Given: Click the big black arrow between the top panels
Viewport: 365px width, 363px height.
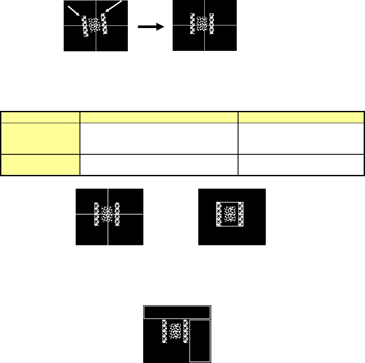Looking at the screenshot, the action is (x=151, y=26).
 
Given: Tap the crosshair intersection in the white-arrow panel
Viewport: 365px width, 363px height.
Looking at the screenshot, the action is (x=96, y=25).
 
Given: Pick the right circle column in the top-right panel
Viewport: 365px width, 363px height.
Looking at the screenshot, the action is (x=212, y=24).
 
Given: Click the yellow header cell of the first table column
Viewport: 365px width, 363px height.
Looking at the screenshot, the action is (x=40, y=116).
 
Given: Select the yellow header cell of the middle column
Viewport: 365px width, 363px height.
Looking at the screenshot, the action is (x=159, y=116).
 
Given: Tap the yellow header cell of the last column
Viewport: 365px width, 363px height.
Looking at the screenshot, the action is (x=301, y=116).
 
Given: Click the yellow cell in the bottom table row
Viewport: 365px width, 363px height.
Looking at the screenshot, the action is (x=40, y=165).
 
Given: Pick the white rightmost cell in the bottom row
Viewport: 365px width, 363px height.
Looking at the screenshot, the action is (x=301, y=165).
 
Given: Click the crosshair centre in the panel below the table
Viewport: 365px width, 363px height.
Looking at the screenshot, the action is (x=108, y=214).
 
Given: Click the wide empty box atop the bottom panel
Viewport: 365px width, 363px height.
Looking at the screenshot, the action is (x=177, y=312).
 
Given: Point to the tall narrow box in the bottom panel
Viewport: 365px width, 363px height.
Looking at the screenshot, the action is (x=200, y=341).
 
